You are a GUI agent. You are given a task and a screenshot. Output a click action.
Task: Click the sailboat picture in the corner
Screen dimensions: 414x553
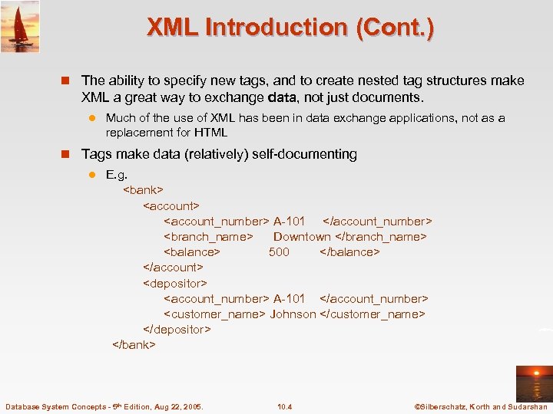click(20, 26)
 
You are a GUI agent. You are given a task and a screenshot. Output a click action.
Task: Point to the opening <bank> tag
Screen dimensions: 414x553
click(144, 189)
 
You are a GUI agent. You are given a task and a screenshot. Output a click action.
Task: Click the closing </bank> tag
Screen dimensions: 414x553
click(134, 344)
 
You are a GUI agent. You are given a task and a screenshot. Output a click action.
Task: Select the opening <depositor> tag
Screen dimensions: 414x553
click(175, 283)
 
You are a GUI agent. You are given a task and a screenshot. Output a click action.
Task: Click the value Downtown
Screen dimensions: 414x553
click(302, 236)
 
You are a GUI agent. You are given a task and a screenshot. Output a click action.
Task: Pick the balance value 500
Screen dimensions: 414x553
click(279, 251)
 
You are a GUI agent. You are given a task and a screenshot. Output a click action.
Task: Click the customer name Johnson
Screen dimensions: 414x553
click(293, 314)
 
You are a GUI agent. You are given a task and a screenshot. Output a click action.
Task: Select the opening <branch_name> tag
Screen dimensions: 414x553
click(208, 236)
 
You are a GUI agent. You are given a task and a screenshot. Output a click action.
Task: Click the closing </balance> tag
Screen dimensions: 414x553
click(349, 251)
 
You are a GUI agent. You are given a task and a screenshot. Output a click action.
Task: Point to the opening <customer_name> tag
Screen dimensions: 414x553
click(214, 314)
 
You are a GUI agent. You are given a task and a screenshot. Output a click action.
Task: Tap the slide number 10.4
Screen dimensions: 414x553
click(284, 406)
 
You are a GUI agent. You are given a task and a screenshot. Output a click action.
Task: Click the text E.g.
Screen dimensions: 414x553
click(116, 175)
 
